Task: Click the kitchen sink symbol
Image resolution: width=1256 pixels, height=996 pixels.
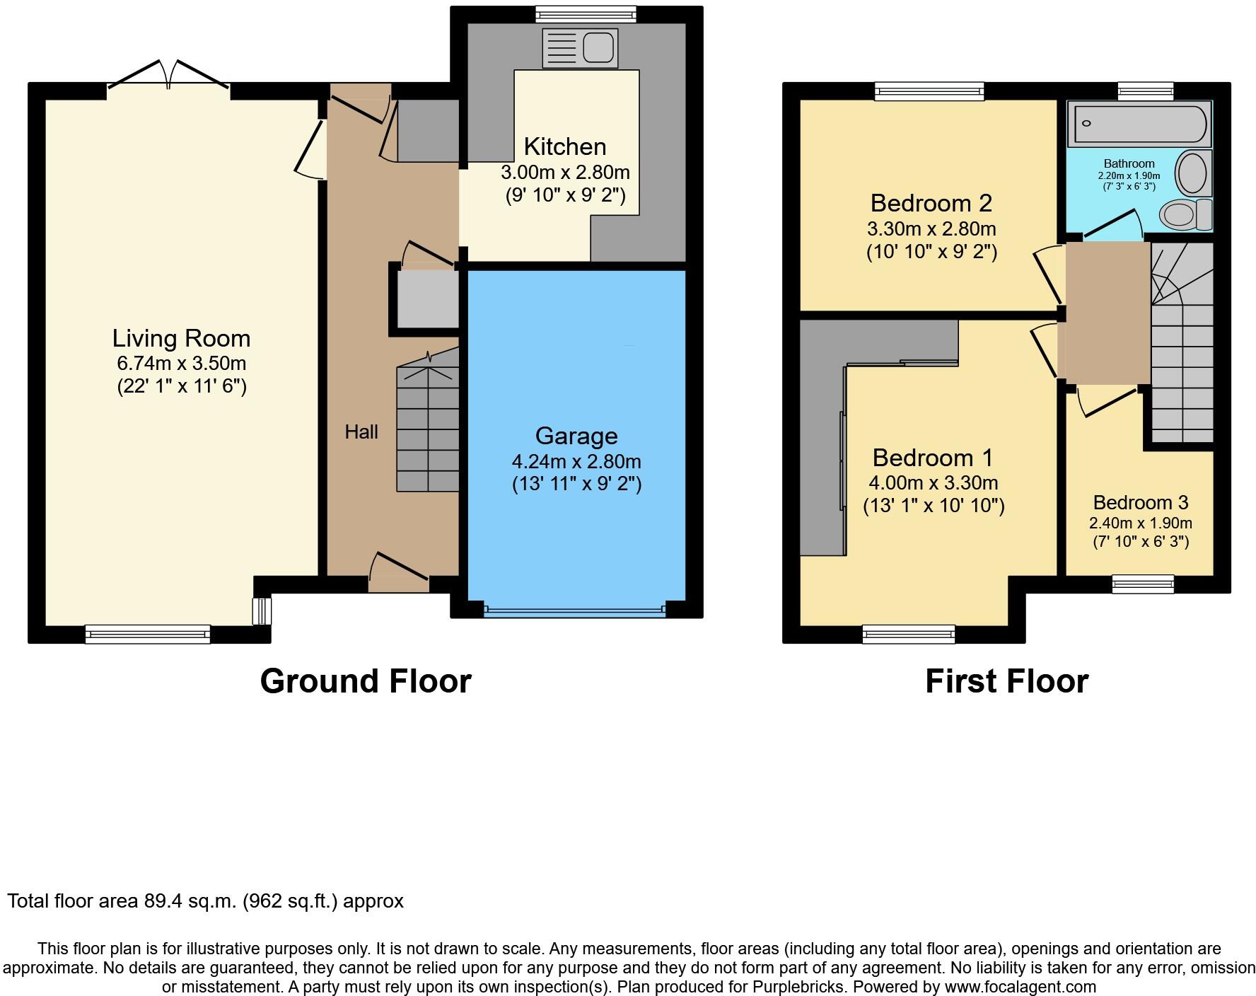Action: pyautogui.click(x=580, y=47)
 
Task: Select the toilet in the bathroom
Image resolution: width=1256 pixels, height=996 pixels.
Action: pyautogui.click(x=1186, y=214)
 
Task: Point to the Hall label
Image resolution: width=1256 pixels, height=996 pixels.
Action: pyautogui.click(x=361, y=432)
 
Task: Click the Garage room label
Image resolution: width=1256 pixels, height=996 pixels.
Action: pyautogui.click(x=576, y=436)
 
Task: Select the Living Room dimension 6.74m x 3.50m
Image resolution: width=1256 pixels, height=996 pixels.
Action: pyautogui.click(x=182, y=364)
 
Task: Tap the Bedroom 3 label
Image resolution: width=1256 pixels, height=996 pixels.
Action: pyautogui.click(x=1140, y=502)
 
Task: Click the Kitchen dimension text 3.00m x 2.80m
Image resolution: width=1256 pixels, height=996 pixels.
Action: pyautogui.click(x=565, y=173)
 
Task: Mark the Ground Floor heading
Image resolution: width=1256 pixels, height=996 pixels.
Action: pyautogui.click(x=366, y=681)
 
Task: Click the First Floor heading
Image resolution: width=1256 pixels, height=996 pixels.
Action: pyautogui.click(x=1006, y=681)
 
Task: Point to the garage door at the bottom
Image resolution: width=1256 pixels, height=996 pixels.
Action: pyautogui.click(x=574, y=609)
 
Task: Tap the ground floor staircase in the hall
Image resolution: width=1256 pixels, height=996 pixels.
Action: pyautogui.click(x=427, y=424)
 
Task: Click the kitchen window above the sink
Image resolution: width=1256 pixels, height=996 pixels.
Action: pyautogui.click(x=585, y=14)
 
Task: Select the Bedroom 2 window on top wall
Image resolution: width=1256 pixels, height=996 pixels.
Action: pyautogui.click(x=929, y=91)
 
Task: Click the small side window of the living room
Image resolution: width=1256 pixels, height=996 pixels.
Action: pyautogui.click(x=262, y=611)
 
